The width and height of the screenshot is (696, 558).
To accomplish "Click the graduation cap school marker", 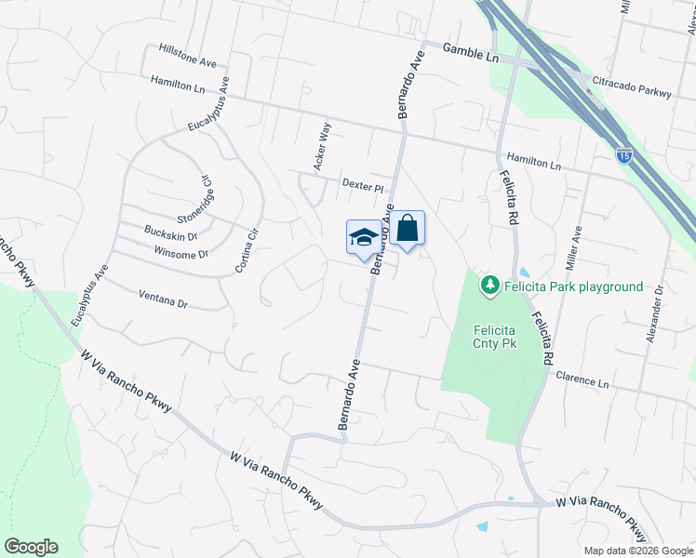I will pos(363,238).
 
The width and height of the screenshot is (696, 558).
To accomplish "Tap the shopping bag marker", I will pos(407,229).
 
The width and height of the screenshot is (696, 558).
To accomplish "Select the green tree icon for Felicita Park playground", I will pos(489,286).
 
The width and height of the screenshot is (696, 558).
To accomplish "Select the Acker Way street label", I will pos(323,148).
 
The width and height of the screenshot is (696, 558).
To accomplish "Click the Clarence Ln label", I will pos(582,380).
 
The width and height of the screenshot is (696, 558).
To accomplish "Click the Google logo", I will pos(31,547).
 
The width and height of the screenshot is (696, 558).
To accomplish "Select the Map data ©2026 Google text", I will pos(638,551).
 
